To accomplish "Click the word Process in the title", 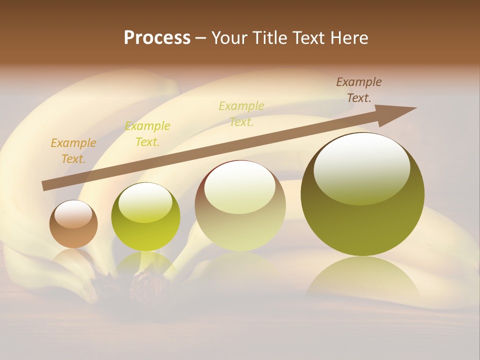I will click(157, 38).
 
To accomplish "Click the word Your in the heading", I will click(231, 38).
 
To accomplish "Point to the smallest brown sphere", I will click(73, 224).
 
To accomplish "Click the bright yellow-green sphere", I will click(145, 216).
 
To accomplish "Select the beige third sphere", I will click(240, 206).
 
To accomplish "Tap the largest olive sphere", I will click(362, 194).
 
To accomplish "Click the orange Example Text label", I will click(73, 150).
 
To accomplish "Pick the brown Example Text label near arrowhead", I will click(359, 89).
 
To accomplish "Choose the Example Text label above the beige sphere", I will click(241, 113).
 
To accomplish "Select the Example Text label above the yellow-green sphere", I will click(147, 133).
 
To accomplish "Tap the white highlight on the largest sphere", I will click(362, 167).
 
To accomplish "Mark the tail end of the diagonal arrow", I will click(46, 186).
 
